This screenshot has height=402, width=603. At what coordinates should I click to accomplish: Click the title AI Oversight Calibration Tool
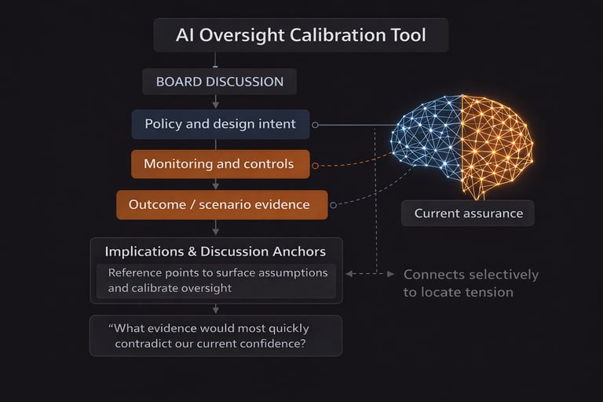pos(301,35)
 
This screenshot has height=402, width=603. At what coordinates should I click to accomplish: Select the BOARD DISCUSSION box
pos(219,82)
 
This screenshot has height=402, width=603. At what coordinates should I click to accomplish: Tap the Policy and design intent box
pos(220,124)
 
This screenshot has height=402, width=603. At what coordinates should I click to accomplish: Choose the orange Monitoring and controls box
pos(219,164)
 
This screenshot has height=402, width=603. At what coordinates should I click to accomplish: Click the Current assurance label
pos(467,213)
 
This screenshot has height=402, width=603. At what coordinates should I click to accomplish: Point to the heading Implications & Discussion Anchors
pos(215,252)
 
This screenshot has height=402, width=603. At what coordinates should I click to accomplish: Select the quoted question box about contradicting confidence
pos(215,335)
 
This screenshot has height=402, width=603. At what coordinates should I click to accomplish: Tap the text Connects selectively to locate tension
pos(470,283)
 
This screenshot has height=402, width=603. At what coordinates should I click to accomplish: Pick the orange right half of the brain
pos(495,141)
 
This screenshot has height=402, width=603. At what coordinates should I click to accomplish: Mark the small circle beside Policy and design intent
pos(315,125)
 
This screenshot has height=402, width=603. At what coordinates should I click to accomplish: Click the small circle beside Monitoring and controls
pos(315,166)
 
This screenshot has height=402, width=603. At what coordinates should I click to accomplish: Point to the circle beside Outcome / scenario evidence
pos(333,206)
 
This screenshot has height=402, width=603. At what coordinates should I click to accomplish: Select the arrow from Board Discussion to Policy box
pos(216,102)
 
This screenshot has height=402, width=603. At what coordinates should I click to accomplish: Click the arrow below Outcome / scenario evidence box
pos(216,228)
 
